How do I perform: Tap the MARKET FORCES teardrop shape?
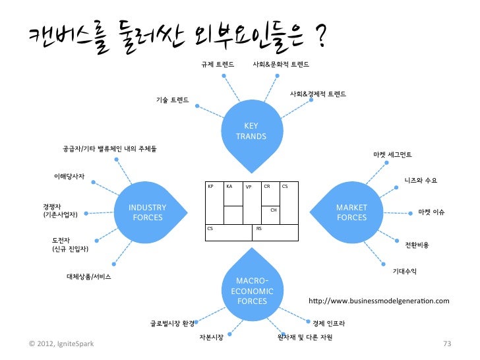[x=351, y=212]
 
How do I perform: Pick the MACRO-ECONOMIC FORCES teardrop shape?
[x=251, y=290]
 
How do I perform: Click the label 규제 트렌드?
[x=217, y=65]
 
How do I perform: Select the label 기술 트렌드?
[x=172, y=100]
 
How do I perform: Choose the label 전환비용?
[x=416, y=245]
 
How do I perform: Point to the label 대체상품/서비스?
[x=88, y=276]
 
